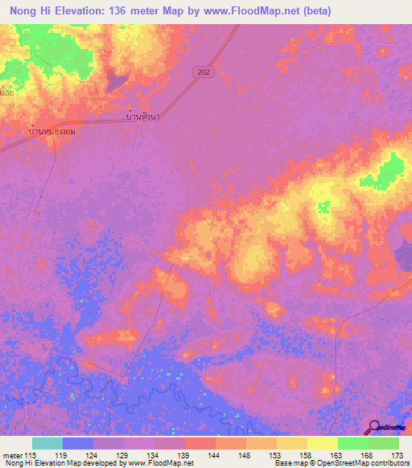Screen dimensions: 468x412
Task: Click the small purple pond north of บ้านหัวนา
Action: [x=117, y=81]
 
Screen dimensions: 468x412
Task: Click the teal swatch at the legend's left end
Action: [x=47, y=443]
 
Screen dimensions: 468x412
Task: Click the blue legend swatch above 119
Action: [x=77, y=443]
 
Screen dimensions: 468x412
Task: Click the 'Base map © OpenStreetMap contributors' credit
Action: [x=340, y=463]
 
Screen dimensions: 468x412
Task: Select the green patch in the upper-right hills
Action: [x=391, y=170]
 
